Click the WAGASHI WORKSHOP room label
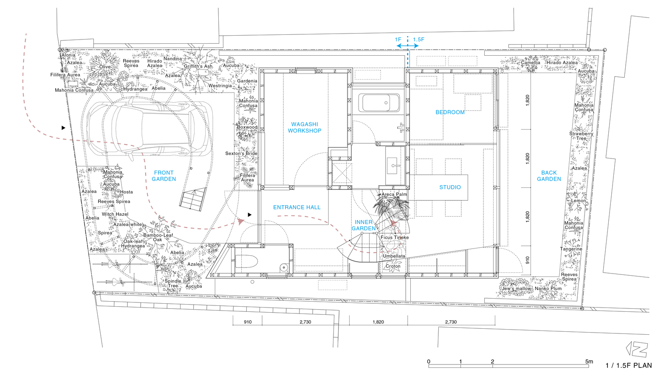pyautogui.click(x=305, y=127)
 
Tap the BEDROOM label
pyautogui.click(x=450, y=112)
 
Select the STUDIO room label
pyautogui.click(x=450, y=187)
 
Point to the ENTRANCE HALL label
pyautogui.click(x=296, y=207)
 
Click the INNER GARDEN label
pyautogui.click(x=364, y=225)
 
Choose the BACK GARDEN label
pyautogui.click(x=549, y=176)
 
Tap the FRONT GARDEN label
pyautogui.click(x=164, y=176)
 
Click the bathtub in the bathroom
pyautogui.click(x=381, y=103)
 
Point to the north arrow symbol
pyautogui.click(x=637, y=349)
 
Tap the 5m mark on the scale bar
pyautogui.click(x=589, y=361)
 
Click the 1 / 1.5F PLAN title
pyautogui.click(x=629, y=366)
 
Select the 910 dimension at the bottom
pyautogui.click(x=248, y=322)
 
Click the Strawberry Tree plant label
pyautogui.click(x=582, y=136)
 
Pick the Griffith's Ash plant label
pyautogui.click(x=198, y=66)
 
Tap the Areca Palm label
pyautogui.click(x=394, y=194)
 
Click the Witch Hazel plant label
pyautogui.click(x=115, y=214)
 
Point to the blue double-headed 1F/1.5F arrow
pyautogui.click(x=407, y=46)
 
